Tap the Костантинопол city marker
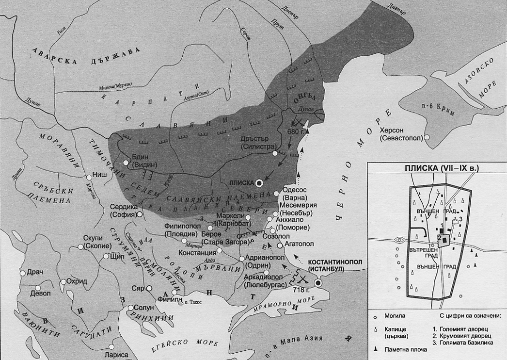(x=318, y=283)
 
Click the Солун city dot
(x=131, y=308)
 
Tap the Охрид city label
(x=77, y=281)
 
